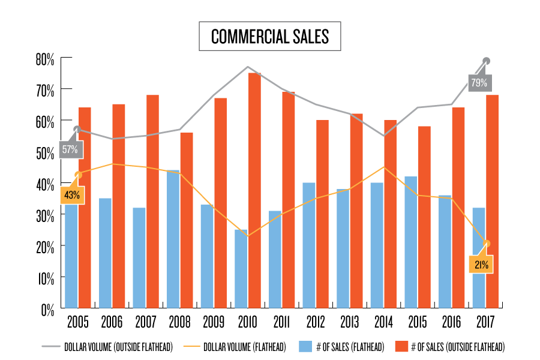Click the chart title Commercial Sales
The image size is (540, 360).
pos(270,37)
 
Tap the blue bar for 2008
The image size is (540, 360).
pos(173,240)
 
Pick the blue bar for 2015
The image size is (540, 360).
pos(410,242)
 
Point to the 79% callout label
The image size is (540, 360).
pos(479,83)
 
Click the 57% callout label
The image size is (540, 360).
pos(70,149)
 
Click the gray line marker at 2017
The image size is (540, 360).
pos(487,61)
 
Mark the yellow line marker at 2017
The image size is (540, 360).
pos(487,244)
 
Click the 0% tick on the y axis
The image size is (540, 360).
pos(47,310)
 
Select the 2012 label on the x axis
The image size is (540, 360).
pos(316,323)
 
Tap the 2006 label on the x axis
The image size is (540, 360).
pos(112,323)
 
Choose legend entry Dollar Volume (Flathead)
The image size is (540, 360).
pos(246,347)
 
